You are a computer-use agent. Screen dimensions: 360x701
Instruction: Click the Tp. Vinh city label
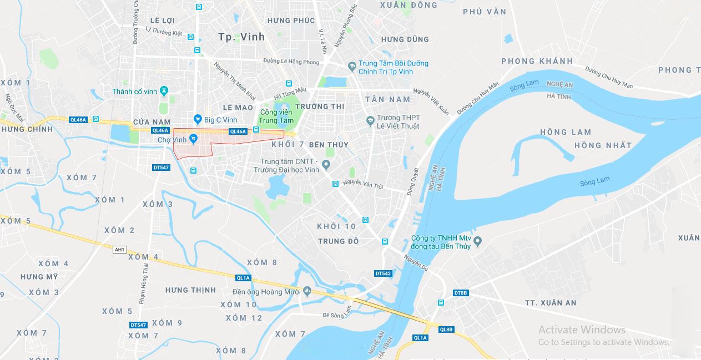[x=241, y=37]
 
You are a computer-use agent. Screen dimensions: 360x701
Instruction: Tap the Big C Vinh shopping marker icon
[x=197, y=119]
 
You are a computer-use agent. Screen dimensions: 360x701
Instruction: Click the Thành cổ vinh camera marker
[x=163, y=91]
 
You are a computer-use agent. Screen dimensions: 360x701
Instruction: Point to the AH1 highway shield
[x=119, y=250]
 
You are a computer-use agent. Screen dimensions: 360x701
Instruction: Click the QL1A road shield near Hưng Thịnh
[x=243, y=278]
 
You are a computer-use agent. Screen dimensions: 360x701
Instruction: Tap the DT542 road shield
[x=383, y=273]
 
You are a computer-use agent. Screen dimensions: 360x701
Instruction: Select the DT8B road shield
[x=461, y=292]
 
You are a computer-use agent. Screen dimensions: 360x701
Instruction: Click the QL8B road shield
[x=446, y=329]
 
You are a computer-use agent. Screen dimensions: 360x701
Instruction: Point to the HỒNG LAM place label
[x=566, y=132]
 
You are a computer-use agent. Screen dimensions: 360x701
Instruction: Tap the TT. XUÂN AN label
[x=551, y=303]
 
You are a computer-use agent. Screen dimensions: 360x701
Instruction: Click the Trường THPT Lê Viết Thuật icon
[x=370, y=120]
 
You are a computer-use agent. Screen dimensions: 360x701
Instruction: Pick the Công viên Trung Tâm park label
[x=276, y=116]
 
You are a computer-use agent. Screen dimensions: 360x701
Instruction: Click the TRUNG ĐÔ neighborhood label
[x=338, y=241]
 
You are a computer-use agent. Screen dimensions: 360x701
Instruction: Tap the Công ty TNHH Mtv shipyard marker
[x=478, y=241]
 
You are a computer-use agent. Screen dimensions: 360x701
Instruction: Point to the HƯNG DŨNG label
[x=405, y=39]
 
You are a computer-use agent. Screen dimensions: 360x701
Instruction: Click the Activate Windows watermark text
[x=582, y=329]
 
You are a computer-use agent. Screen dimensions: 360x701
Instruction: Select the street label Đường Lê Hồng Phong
[x=291, y=62]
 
